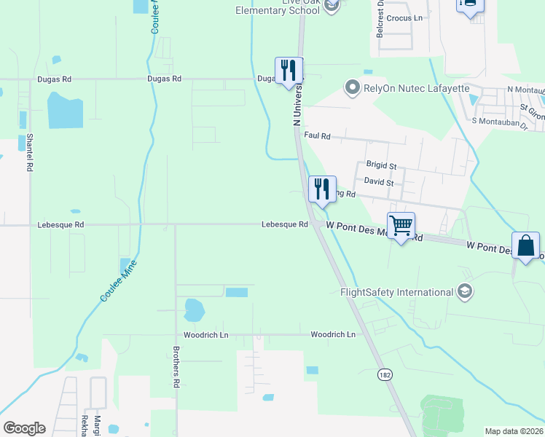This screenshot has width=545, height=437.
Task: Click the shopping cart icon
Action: pos(401,227)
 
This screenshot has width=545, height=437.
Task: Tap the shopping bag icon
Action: pos(526,246)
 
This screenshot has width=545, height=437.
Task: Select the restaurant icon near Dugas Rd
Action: pos(289,71)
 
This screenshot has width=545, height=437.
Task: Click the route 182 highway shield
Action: pos(385,374)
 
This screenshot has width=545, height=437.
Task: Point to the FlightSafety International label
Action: pos(397,292)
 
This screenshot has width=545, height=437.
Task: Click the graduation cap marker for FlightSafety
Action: pos(464,292)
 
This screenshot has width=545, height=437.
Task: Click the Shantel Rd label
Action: pos(30,152)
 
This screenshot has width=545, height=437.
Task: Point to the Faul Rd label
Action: pos(318,136)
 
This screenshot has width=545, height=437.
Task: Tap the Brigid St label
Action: pos(380,166)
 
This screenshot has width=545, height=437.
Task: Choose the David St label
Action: pos(379,181)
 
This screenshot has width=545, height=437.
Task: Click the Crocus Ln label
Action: pos(404,17)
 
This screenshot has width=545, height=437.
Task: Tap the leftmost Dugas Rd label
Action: pos(55,79)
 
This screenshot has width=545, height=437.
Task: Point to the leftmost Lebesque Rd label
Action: pos(60,225)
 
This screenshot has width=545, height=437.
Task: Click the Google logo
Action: pos(24,428)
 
